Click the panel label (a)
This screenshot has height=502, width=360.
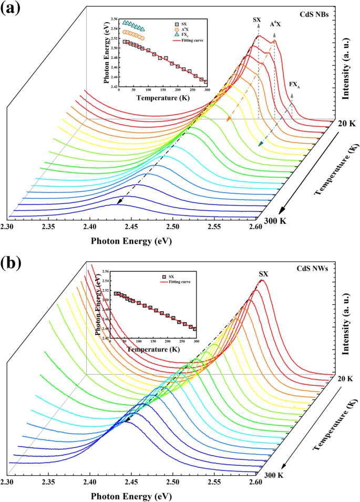point(12,9)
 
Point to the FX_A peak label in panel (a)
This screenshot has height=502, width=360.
point(295,84)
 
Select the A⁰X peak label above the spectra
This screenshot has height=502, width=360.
point(276,24)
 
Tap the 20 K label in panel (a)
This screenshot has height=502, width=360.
point(345,124)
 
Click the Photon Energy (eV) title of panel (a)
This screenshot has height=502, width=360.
point(131,240)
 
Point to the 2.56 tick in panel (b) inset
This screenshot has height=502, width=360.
point(104,271)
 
